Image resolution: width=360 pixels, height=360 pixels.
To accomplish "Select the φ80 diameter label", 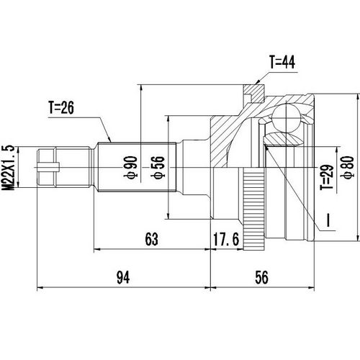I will click(x=348, y=167).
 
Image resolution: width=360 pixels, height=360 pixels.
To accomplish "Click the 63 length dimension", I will click(x=150, y=238).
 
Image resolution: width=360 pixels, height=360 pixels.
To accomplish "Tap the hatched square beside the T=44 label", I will click(x=251, y=93).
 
